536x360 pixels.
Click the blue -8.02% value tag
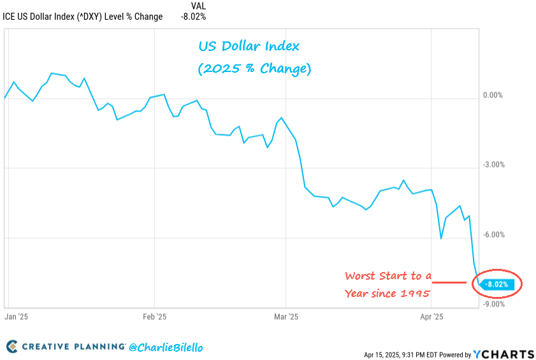497,285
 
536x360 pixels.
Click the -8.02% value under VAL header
194,17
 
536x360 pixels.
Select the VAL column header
198,6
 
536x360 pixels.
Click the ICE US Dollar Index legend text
83,17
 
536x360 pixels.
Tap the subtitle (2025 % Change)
254,68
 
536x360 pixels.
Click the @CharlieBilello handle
166,347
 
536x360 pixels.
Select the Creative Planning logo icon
11,347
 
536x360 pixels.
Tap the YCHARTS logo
503,354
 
